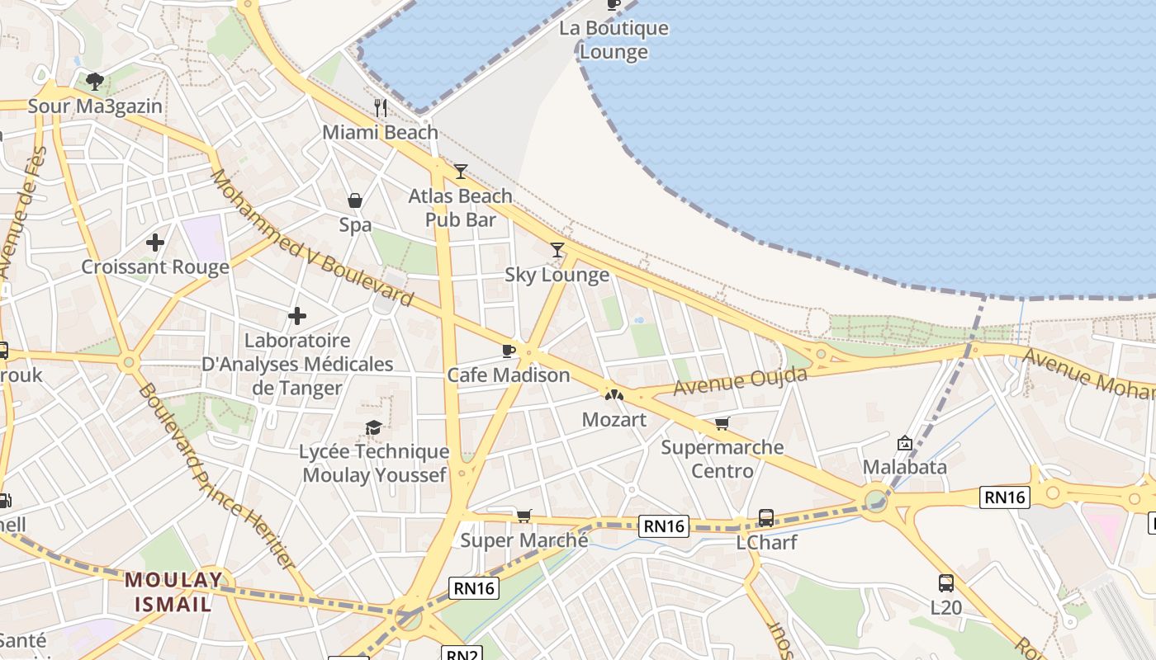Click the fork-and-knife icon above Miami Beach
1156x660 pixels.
click(381, 108)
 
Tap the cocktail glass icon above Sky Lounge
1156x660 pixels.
click(557, 250)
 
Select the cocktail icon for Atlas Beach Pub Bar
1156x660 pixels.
click(461, 172)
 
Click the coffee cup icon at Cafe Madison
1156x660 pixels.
click(509, 351)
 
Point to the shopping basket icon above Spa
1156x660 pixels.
click(355, 200)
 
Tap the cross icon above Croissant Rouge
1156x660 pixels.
click(154, 243)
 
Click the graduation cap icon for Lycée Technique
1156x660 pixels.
click(374, 427)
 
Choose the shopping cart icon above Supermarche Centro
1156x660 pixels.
click(722, 423)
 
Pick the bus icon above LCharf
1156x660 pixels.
click(766, 518)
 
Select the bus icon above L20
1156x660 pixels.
click(946, 583)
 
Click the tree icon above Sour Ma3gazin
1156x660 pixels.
click(95, 82)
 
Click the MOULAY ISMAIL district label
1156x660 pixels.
click(173, 592)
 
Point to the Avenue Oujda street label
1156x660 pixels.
click(740, 381)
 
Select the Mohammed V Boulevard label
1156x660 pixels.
click(311, 238)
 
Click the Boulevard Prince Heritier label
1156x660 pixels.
click(216, 476)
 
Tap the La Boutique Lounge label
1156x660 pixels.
click(614, 40)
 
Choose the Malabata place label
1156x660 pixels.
click(904, 467)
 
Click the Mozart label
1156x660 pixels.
click(614, 419)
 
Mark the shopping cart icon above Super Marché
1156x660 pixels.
click(524, 516)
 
